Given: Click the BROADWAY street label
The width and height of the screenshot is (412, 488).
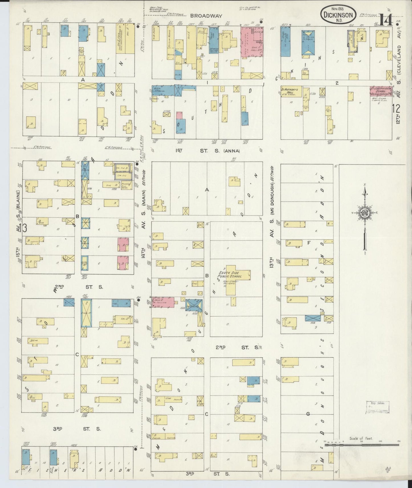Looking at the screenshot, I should [204, 16].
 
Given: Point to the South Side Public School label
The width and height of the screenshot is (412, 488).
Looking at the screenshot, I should [230, 275].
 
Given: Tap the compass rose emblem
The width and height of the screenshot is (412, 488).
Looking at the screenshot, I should [365, 213].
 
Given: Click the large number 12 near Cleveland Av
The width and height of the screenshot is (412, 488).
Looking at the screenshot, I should [396, 108].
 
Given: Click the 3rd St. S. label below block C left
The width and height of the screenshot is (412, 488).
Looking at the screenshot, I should [77, 429].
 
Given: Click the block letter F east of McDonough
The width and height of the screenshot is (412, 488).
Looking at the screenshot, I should [309, 243].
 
